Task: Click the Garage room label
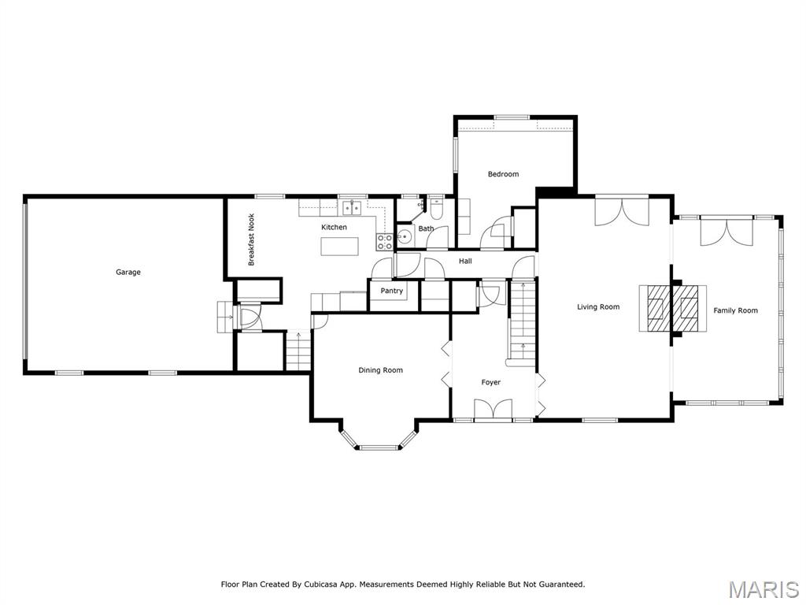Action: [x=128, y=273]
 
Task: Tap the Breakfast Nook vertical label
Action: [x=252, y=239]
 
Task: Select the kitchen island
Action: [x=338, y=247]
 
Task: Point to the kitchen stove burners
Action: [x=385, y=240]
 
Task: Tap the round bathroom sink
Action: [x=405, y=236]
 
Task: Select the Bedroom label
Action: [x=503, y=174]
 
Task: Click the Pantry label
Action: [x=391, y=291]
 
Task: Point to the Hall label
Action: [x=465, y=261]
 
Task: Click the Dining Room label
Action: [x=381, y=370]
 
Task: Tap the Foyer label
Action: [x=491, y=383]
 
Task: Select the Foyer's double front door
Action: [x=494, y=410]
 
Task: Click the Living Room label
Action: [x=598, y=307]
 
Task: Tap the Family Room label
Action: [x=735, y=310]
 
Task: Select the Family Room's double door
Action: [x=727, y=230]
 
